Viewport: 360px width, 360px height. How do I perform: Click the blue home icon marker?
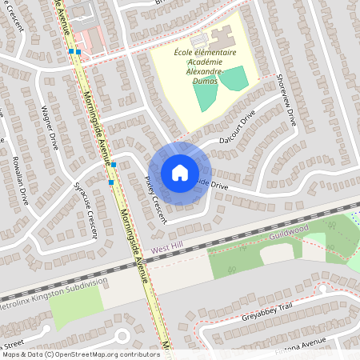tap(180, 172)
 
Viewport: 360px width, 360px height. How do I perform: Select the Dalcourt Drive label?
tap(237, 128)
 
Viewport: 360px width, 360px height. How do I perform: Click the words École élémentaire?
tap(205, 52)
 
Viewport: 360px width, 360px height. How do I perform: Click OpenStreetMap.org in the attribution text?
tap(95, 354)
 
